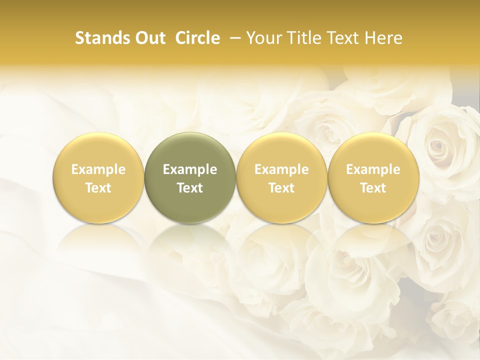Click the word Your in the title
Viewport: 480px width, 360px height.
click(x=263, y=38)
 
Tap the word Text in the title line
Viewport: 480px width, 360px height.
click(x=341, y=38)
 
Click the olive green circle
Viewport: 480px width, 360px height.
click(x=190, y=177)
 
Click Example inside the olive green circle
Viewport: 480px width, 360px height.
click(x=190, y=169)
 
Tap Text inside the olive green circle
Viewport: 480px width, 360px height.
click(x=190, y=188)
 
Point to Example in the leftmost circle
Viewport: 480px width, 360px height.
click(x=98, y=169)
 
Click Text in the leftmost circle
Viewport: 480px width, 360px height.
click(x=98, y=188)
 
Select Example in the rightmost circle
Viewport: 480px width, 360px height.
click(x=373, y=169)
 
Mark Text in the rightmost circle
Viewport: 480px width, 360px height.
click(x=373, y=188)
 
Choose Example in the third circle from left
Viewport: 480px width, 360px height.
click(x=281, y=169)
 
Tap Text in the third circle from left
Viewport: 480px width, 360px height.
click(x=281, y=188)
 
